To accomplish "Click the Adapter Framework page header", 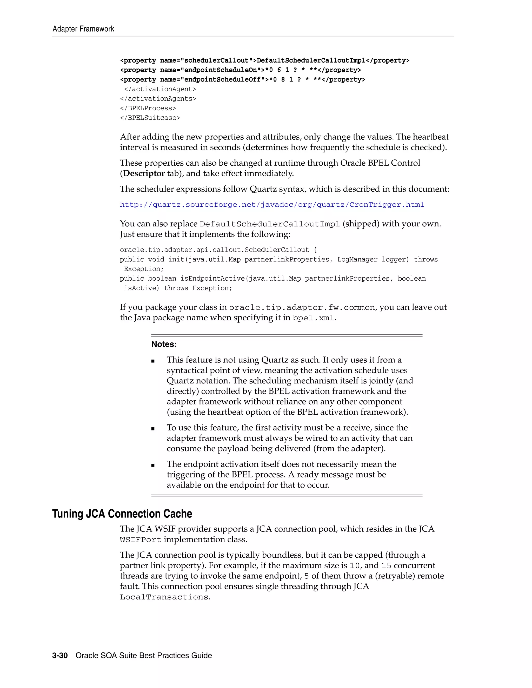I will coord(83,29).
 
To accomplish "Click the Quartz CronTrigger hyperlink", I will coord(272,205).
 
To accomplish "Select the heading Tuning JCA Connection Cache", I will coord(122,514).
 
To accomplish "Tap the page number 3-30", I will coord(60,656).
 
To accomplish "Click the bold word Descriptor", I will coord(144,174).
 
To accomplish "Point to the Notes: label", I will coord(164,344).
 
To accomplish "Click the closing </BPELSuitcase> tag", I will coord(150,118).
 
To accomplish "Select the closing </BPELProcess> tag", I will coord(148,108).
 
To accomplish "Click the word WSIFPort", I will coord(141,540).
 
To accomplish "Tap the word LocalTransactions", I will coord(164,597).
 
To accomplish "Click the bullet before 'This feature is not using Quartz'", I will coord(153,361).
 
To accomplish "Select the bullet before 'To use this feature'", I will coord(153,429).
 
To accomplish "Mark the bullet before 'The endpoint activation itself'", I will coord(153,465).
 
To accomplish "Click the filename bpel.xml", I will coord(313,318).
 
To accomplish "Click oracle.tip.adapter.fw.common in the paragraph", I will coord(302,308).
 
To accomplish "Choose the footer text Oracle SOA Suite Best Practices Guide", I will coord(144,656).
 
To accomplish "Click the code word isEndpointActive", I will coord(212,279).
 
